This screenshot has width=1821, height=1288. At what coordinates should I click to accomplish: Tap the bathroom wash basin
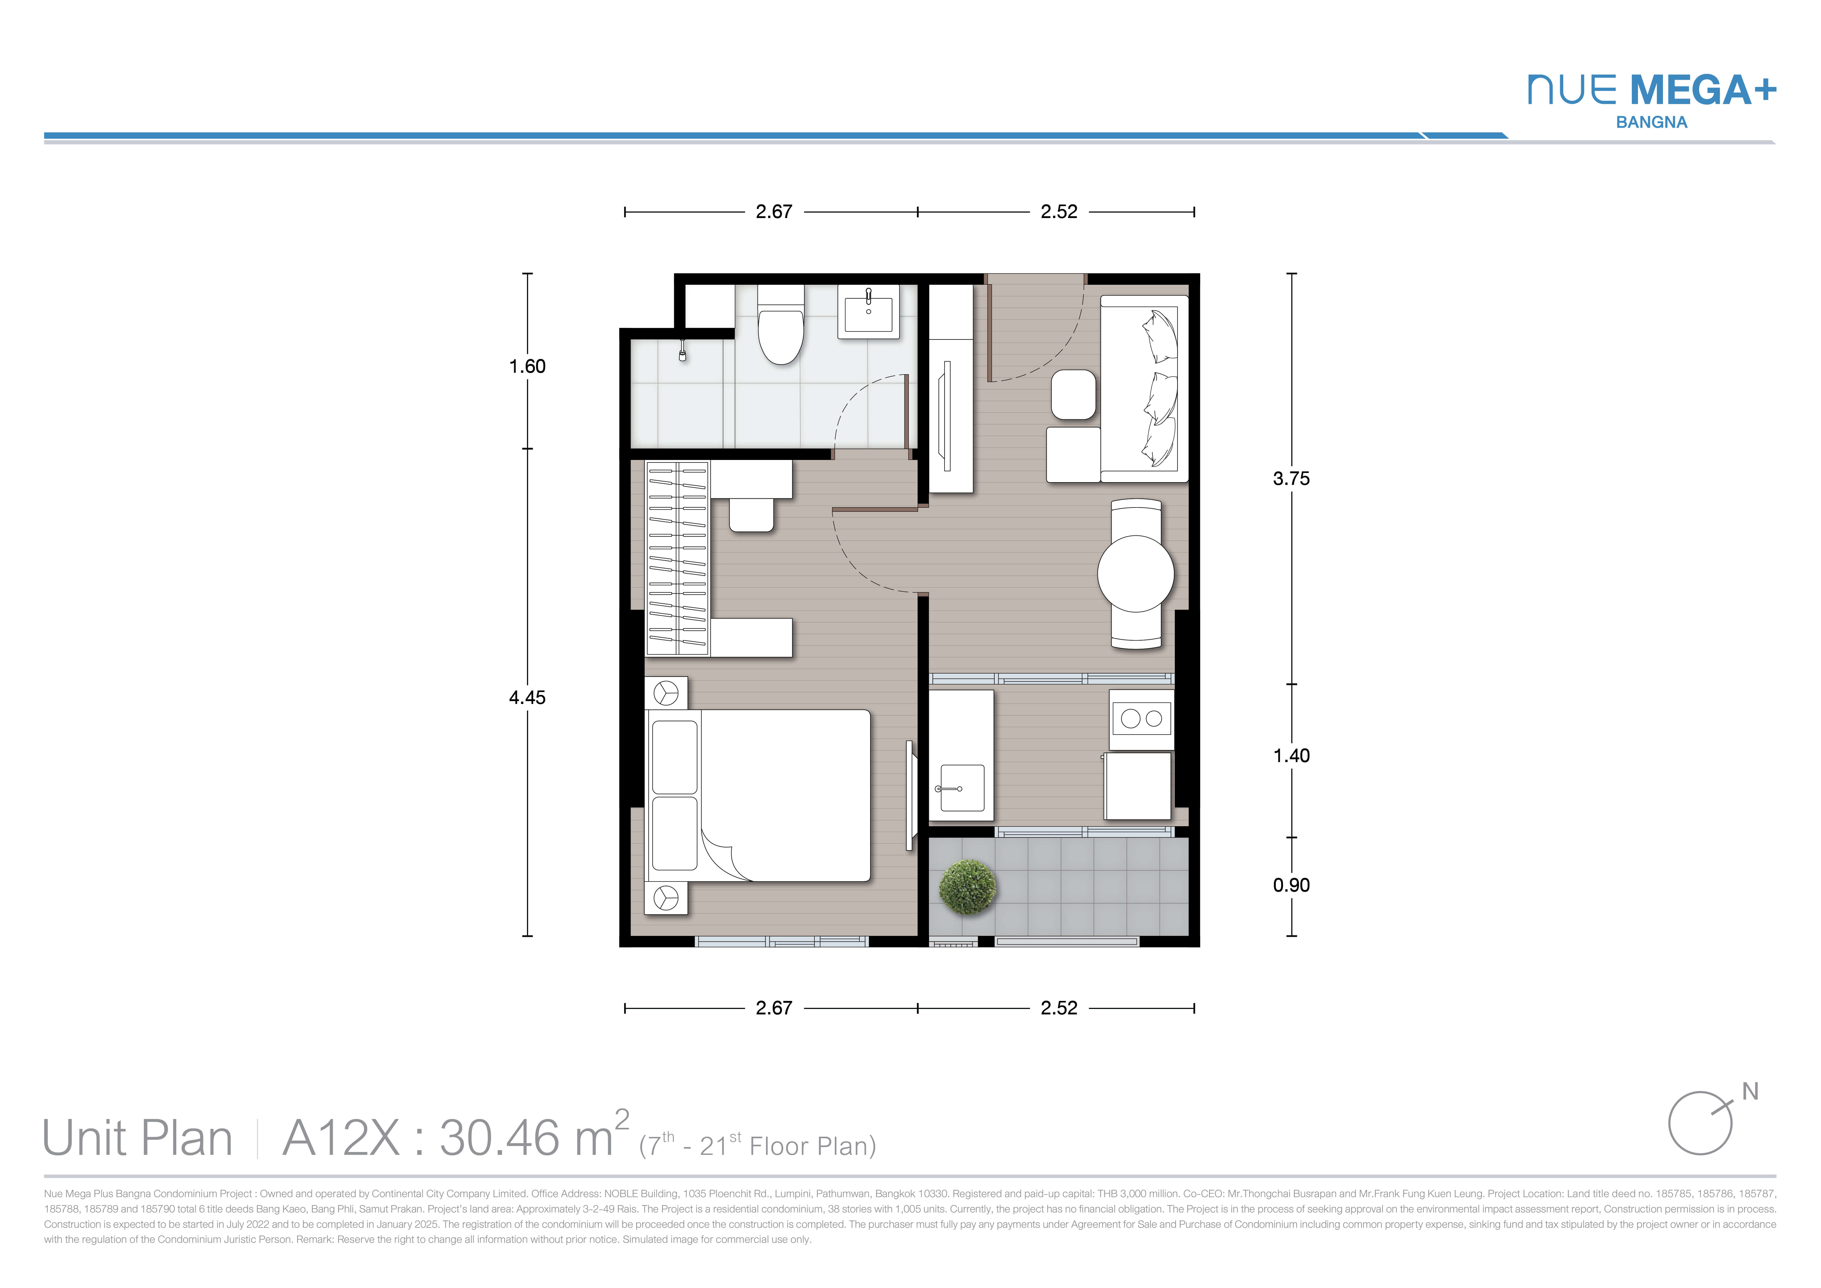pyautogui.click(x=869, y=312)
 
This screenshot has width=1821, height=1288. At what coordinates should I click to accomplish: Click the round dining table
pyautogui.click(x=1136, y=573)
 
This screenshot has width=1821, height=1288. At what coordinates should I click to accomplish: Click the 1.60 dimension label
pyautogui.click(x=527, y=367)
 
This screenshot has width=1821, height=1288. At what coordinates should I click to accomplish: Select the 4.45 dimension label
pyautogui.click(x=527, y=698)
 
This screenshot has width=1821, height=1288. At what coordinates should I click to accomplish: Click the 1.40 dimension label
pyautogui.click(x=1291, y=756)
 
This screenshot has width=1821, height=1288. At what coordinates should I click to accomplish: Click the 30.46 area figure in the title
pyautogui.click(x=500, y=1138)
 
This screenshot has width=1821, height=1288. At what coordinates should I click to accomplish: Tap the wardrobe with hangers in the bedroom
pyautogui.click(x=677, y=558)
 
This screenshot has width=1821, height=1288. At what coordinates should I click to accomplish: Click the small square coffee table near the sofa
pyautogui.click(x=1074, y=394)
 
